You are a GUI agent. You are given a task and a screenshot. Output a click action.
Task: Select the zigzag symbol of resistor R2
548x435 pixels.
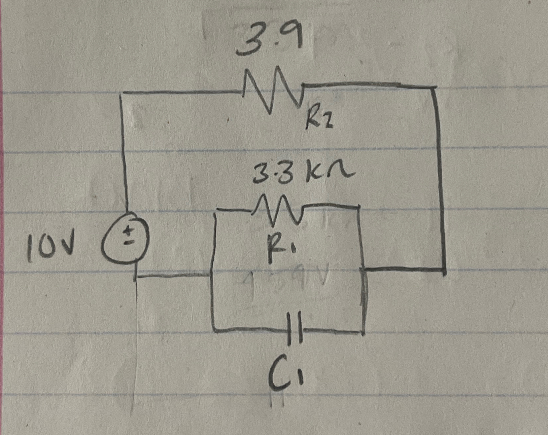pyautogui.click(x=272, y=89)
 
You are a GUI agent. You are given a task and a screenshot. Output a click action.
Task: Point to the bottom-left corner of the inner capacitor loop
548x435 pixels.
pyautogui.click(x=213, y=329)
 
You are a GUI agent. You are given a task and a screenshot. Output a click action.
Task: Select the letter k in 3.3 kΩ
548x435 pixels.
pyautogui.click(x=314, y=174)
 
